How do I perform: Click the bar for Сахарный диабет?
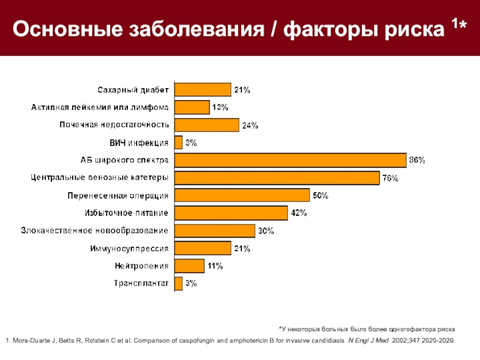(202, 89)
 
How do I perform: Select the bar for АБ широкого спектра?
(290, 160)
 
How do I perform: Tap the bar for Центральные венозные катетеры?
(277, 178)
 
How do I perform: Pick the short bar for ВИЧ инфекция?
(178, 142)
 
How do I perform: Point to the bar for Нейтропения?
(189, 266)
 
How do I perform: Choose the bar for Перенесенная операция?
(242, 196)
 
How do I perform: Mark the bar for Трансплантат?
(178, 283)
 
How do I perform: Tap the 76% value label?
(390, 178)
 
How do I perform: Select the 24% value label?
(250, 125)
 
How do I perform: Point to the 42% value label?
(299, 213)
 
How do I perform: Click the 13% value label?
(220, 107)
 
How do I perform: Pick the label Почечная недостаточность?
(113, 125)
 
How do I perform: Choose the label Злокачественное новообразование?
(94, 230)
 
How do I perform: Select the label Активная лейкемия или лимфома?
(100, 107)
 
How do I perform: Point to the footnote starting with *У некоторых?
(367, 329)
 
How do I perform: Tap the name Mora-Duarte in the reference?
(34, 340)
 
